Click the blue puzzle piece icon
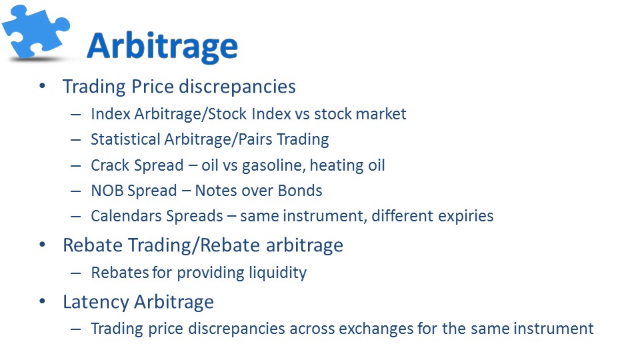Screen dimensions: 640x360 36,32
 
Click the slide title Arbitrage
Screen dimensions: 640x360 162,47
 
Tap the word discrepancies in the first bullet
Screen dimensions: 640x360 237,87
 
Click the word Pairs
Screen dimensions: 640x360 255,139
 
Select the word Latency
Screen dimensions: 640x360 96,302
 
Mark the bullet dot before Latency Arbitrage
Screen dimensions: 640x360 43,301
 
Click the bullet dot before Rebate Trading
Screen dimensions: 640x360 43,245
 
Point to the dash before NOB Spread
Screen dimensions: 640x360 75,191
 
